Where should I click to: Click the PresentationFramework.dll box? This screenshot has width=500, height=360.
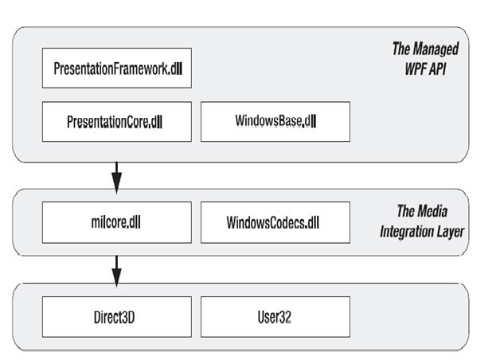(116, 68)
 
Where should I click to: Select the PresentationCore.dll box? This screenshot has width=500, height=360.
(116, 122)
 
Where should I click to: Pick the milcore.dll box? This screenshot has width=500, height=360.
(116, 222)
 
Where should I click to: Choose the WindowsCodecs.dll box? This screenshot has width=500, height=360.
(275, 222)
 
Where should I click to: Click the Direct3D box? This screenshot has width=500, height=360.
(116, 316)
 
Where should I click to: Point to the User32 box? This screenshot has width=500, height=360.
(275, 316)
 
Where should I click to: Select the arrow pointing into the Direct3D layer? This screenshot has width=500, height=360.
(116, 270)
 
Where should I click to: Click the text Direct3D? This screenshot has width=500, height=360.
(116, 316)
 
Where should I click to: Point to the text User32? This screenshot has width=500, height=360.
(275, 316)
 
